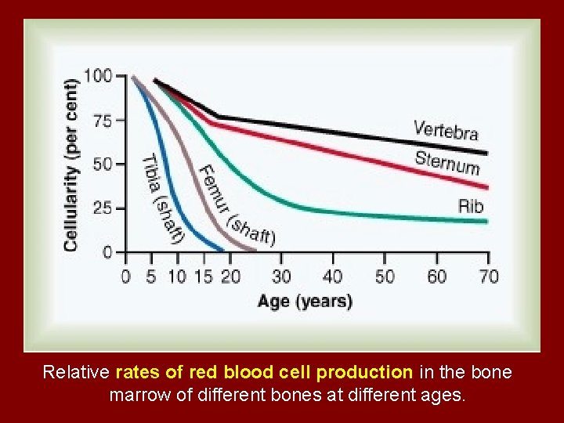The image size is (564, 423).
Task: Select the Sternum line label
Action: point(446,162)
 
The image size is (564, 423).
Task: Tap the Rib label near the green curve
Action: point(471,207)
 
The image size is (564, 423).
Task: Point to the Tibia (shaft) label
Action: point(162,198)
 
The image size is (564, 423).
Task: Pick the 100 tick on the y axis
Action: point(98,76)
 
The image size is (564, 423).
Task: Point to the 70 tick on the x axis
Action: point(489,277)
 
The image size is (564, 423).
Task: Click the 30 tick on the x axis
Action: point(281,277)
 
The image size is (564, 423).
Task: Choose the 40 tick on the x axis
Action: point(333,277)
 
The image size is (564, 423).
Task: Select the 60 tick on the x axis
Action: point(437,277)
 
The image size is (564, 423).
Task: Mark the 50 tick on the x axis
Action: point(385,277)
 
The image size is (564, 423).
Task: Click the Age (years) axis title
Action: point(305,302)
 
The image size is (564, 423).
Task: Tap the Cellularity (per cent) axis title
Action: point(71,164)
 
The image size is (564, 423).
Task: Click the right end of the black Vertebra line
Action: point(486,153)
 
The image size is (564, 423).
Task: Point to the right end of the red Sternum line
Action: point(486,187)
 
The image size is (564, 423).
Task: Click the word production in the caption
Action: point(366,372)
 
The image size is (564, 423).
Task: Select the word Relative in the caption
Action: point(75,372)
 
